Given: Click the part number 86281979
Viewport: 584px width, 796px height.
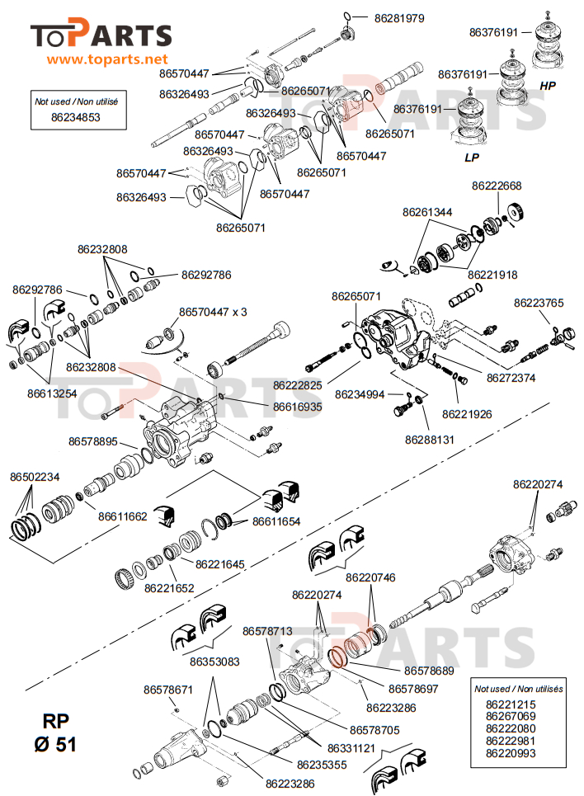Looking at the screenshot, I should click(399, 17).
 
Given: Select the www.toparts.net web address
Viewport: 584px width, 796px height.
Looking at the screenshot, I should click(107, 59).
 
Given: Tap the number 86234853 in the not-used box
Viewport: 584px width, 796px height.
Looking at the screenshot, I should click(76, 118).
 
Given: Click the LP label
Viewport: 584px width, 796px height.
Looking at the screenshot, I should click(473, 156).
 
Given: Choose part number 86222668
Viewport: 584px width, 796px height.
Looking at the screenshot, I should click(497, 186).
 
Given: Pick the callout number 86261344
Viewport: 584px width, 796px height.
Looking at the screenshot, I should click(427, 212).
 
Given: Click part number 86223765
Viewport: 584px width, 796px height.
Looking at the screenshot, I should click(539, 303).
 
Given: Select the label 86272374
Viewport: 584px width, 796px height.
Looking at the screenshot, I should click(511, 378).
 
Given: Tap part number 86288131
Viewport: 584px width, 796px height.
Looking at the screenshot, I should click(429, 440).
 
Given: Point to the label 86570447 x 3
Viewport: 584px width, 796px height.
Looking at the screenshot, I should click(214, 311).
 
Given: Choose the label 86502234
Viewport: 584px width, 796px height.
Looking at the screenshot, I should click(35, 477).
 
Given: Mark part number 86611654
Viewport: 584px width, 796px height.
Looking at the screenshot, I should click(276, 521).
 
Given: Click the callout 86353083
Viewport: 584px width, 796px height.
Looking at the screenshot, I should click(214, 662).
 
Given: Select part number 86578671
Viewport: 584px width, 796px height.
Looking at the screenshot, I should click(168, 689).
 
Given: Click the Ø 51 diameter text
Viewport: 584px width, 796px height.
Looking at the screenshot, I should click(55, 744).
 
